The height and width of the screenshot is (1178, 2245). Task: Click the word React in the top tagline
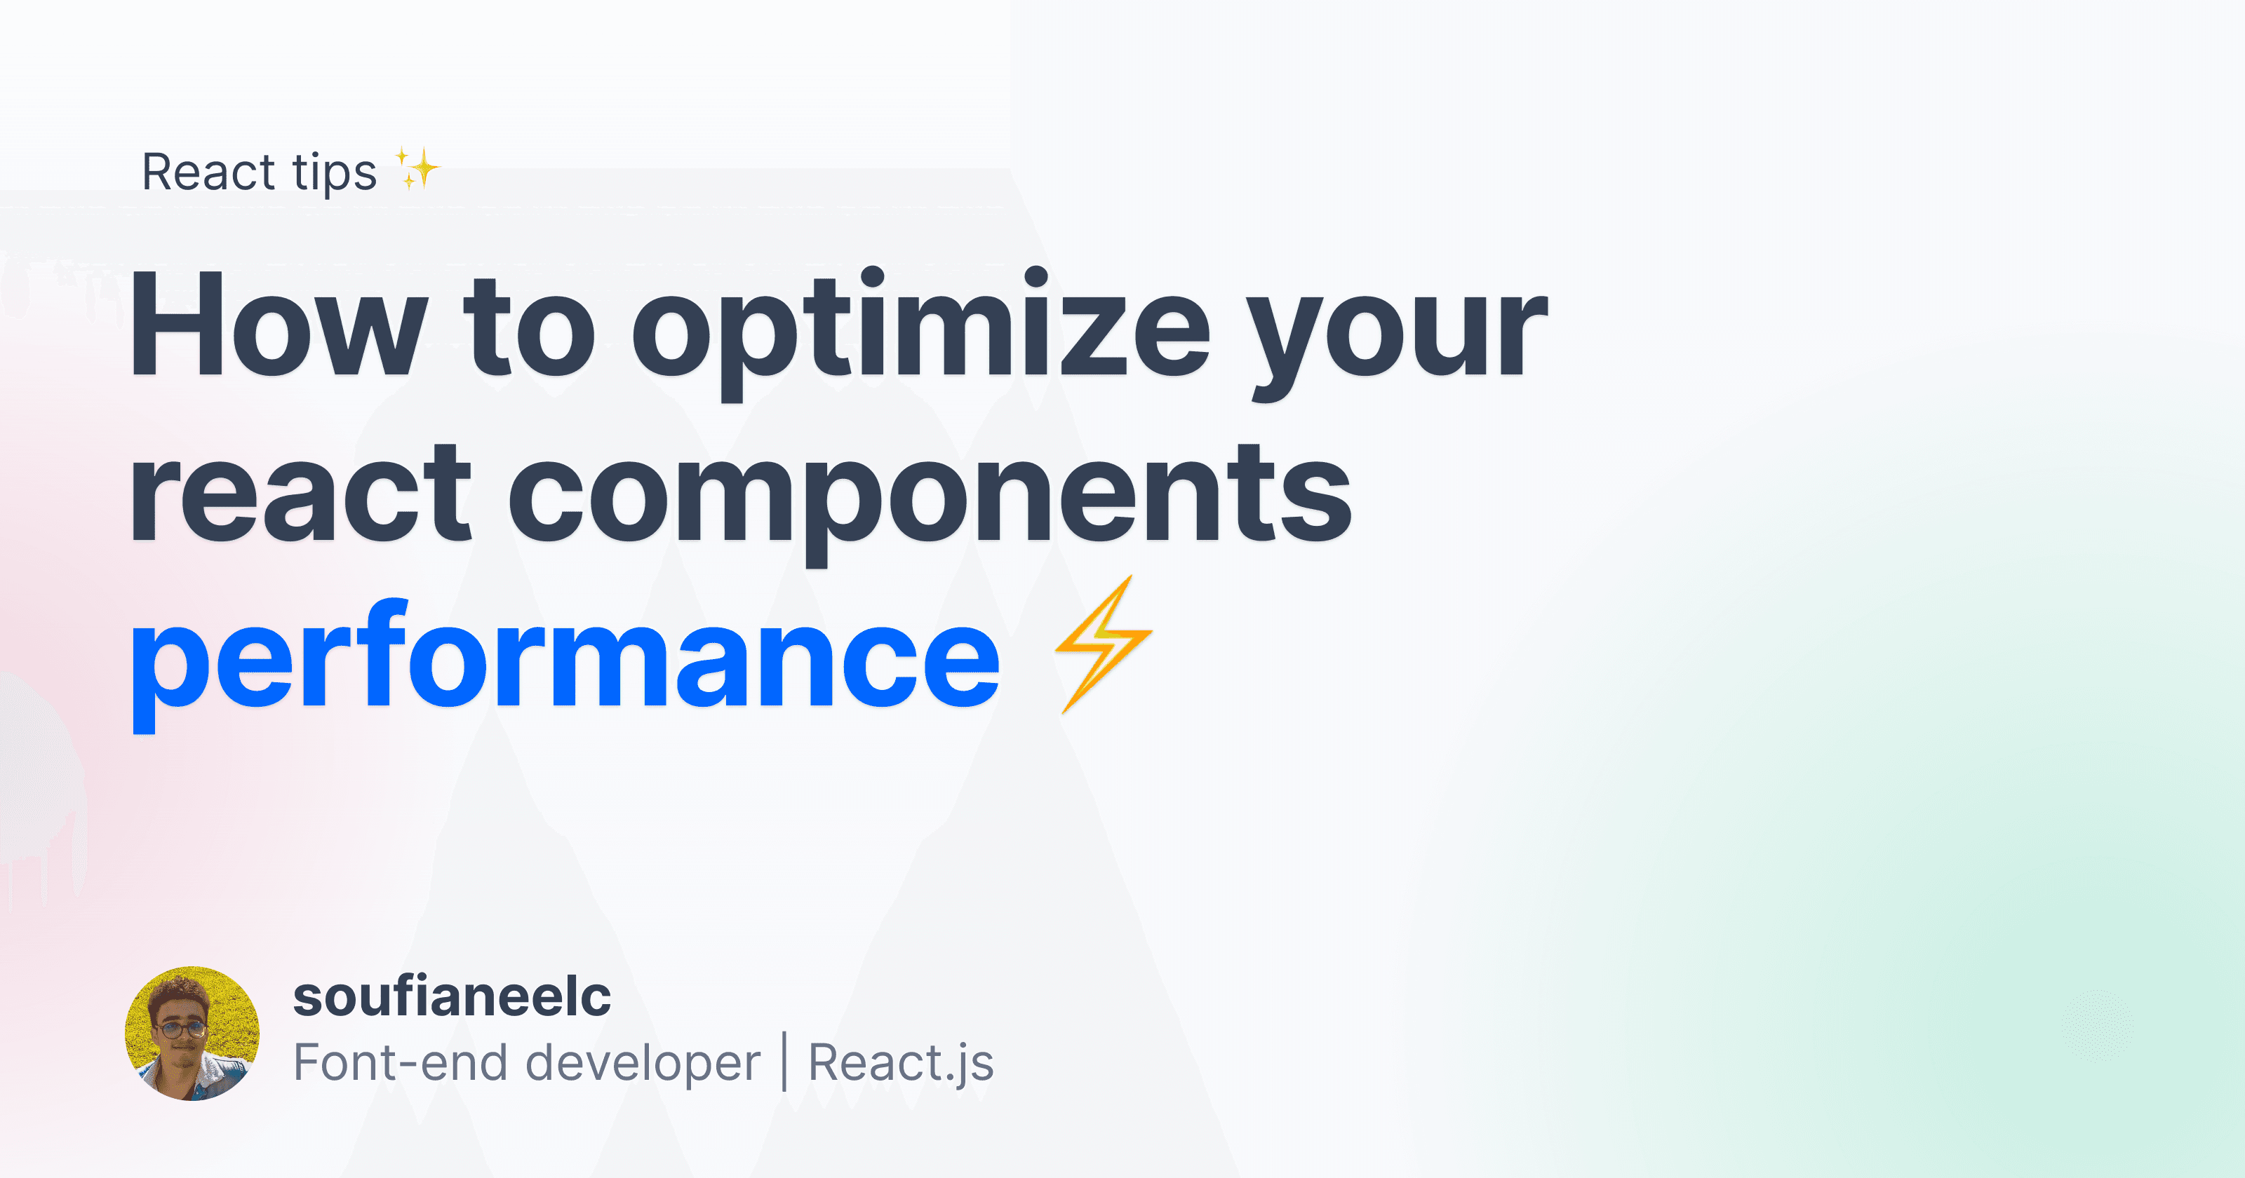208,172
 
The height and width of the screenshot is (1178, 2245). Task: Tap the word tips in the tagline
334,172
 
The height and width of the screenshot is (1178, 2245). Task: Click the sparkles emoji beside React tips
417,168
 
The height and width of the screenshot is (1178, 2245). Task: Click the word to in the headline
529,327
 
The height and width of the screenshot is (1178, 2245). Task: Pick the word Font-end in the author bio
400,1063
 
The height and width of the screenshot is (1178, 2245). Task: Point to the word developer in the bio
643,1063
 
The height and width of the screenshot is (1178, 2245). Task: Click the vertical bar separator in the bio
784,1061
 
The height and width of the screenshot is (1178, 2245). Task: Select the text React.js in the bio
901,1063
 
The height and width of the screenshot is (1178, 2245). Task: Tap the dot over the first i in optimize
871,277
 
